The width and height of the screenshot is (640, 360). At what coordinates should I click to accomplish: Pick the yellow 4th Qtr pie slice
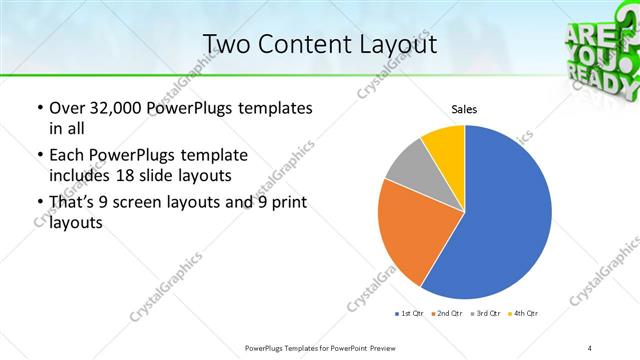(x=443, y=145)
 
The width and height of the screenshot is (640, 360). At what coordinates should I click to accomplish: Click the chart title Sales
(x=463, y=109)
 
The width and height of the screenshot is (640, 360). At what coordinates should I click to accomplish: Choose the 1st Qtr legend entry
(x=410, y=314)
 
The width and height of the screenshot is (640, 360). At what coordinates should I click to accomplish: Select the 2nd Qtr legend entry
(x=445, y=314)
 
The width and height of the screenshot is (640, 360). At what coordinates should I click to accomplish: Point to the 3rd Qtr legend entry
(x=484, y=314)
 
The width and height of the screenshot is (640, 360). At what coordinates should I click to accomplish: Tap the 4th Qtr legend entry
(x=523, y=314)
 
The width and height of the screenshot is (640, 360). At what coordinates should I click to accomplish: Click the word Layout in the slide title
(x=390, y=44)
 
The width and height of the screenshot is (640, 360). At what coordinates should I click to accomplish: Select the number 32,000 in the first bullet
(x=110, y=109)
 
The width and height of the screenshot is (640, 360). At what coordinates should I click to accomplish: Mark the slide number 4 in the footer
(x=591, y=347)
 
